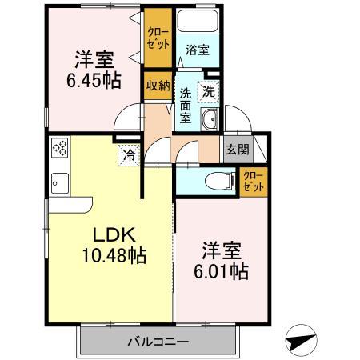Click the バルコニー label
(x=158, y=342)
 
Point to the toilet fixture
(x=216, y=180)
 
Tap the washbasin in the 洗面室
(x=210, y=122)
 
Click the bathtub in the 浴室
(x=198, y=25)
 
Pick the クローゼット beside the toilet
(x=254, y=181)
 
